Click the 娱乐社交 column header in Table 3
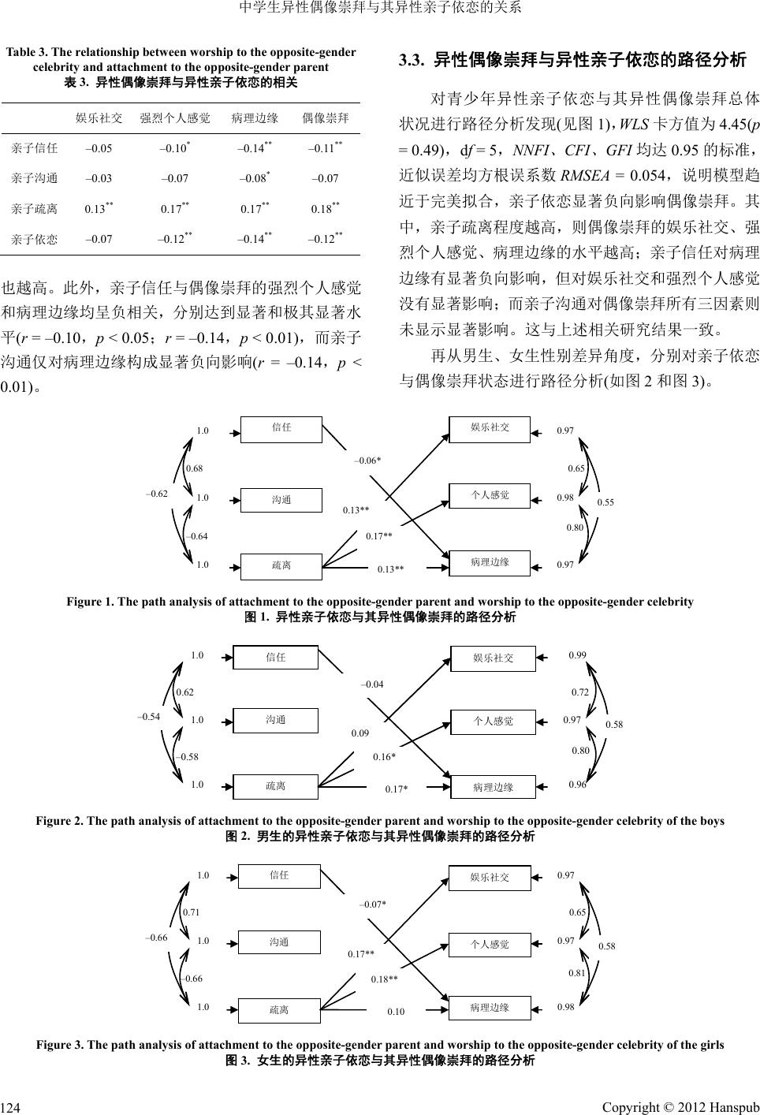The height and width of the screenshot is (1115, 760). [99, 118]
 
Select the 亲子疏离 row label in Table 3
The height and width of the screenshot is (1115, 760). [35, 209]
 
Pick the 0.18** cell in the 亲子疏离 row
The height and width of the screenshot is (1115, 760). [325, 209]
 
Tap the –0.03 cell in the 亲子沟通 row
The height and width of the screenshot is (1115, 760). [99, 178]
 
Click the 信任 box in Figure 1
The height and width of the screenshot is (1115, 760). [281, 427]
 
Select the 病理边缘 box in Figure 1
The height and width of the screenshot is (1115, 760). [490, 562]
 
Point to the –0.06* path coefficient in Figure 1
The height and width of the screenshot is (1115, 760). [367, 460]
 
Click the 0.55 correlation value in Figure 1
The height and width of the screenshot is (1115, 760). [605, 502]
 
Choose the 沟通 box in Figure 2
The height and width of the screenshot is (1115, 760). [276, 719]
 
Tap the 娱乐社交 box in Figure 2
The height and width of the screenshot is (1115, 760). [493, 658]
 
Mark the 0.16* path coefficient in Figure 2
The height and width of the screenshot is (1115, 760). [384, 757]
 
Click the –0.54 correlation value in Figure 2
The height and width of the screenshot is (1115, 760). [149, 717]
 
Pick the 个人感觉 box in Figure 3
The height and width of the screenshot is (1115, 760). [490, 944]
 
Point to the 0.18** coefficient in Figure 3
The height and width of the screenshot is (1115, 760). [385, 979]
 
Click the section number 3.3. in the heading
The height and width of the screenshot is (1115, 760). [413, 59]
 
